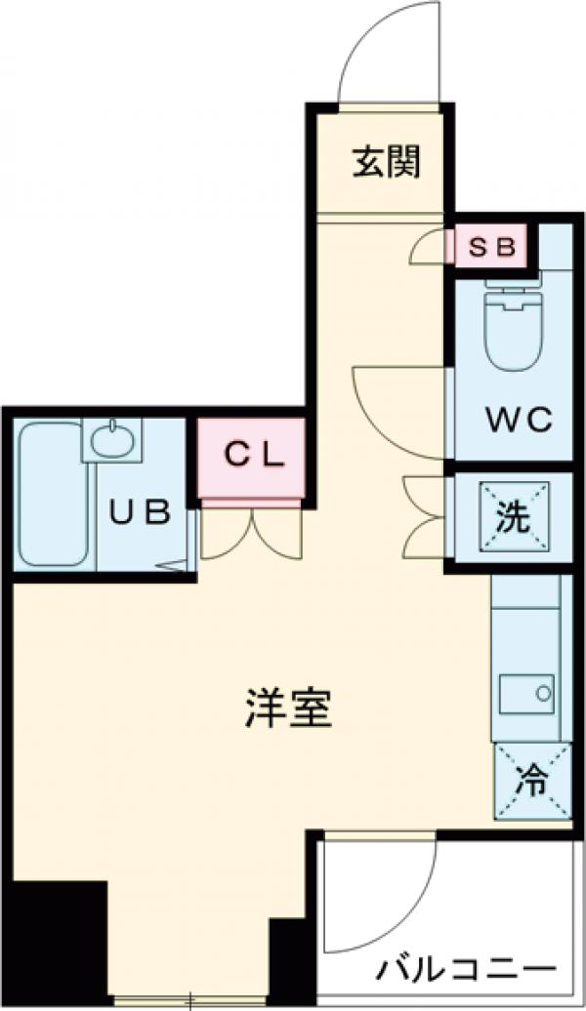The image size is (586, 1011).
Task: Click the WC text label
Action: coord(520,422)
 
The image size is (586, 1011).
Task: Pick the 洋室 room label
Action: coord(287,709)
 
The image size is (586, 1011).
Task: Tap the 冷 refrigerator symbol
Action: coord(532,780)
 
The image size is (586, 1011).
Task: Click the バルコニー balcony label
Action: coord(466,972)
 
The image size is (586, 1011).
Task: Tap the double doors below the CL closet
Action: coord(252,533)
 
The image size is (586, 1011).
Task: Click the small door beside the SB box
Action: coord(429,248)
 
